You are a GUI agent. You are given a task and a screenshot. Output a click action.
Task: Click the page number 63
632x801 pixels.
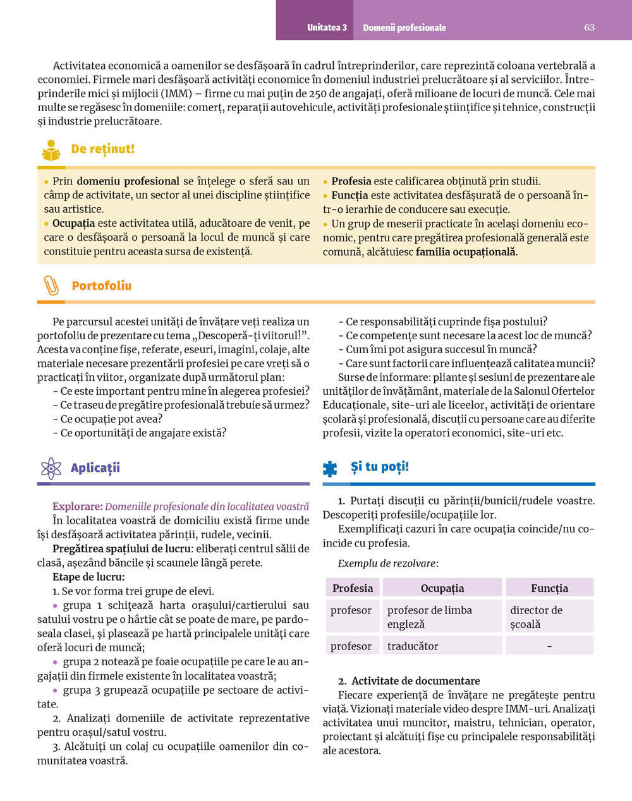coord(589,27)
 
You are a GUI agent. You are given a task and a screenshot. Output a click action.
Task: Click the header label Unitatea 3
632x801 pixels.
coord(327,28)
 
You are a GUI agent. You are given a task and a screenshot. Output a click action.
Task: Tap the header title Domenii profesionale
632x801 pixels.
coord(404,28)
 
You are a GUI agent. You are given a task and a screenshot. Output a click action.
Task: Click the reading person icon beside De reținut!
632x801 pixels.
coord(51,150)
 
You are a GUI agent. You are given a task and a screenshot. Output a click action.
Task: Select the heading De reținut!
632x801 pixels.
coord(102,149)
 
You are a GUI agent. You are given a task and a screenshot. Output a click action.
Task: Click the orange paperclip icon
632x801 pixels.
coord(51,286)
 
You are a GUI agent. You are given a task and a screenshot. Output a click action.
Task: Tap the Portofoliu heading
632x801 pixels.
coord(102,286)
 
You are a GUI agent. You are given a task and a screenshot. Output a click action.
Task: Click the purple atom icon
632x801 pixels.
coord(51,468)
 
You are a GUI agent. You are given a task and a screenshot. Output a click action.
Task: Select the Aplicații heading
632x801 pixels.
coord(95,468)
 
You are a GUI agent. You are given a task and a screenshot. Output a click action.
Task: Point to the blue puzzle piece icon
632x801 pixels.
coord(330,468)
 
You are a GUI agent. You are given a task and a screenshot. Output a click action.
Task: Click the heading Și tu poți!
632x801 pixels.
coord(380,467)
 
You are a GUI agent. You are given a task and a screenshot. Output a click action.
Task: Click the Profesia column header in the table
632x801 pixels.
coord(353,588)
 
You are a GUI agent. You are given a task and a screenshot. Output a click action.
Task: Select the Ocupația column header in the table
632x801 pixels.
coord(442,588)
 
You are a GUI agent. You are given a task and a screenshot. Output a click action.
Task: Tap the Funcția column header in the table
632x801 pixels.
coord(549,588)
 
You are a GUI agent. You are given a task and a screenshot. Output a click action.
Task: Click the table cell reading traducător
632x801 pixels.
coord(413,646)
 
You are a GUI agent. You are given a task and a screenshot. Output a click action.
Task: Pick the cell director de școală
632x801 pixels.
coord(536,617)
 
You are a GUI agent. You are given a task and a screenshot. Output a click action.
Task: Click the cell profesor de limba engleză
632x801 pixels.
coord(429,617)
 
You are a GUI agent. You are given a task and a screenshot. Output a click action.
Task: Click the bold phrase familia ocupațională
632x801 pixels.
coord(466,252)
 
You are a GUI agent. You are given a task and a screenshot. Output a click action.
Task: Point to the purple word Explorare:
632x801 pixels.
coord(77,507)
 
